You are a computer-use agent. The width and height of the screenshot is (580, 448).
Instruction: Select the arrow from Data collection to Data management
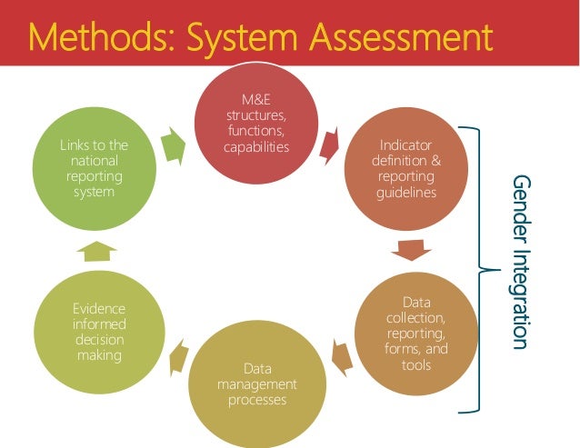point(342,356)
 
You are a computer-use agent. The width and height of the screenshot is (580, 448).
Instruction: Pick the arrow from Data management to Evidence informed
point(177,355)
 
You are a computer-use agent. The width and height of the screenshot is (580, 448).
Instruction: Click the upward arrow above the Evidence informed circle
point(95,250)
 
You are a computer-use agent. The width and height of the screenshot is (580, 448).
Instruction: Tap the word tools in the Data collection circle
point(415,364)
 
